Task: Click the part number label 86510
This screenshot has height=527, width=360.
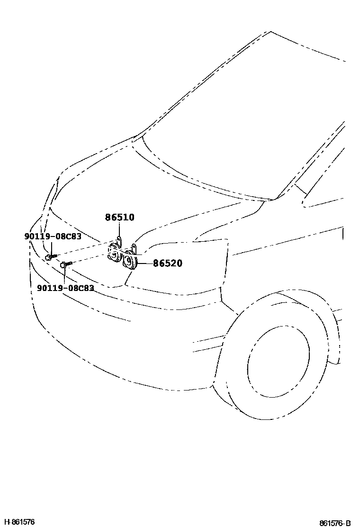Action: tap(119, 218)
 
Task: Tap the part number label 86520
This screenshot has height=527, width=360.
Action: tap(167, 263)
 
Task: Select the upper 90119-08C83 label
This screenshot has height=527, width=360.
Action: tap(53, 236)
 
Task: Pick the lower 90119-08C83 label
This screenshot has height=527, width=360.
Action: tap(65, 288)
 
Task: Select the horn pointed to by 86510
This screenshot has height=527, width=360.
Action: tap(114, 253)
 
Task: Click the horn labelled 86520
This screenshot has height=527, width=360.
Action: tap(129, 262)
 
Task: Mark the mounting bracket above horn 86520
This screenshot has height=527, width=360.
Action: tap(134, 248)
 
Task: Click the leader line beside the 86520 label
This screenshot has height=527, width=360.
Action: tap(144, 263)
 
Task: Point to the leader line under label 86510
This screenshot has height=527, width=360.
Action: tap(119, 230)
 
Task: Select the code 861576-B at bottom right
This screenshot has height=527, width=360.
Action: tap(335, 523)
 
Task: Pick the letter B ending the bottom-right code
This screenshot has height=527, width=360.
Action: tap(348, 523)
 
